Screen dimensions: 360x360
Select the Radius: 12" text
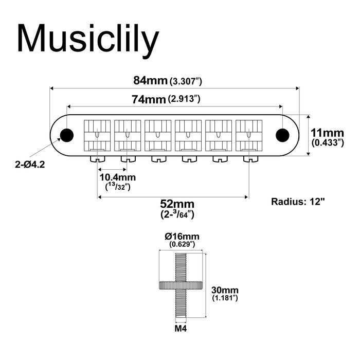(298, 201)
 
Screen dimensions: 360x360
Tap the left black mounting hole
(66, 135)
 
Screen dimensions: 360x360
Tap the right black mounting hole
(282, 135)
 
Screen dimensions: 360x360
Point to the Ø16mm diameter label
(182, 236)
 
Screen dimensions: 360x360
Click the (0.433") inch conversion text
(327, 142)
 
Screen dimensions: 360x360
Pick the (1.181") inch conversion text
(224, 298)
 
